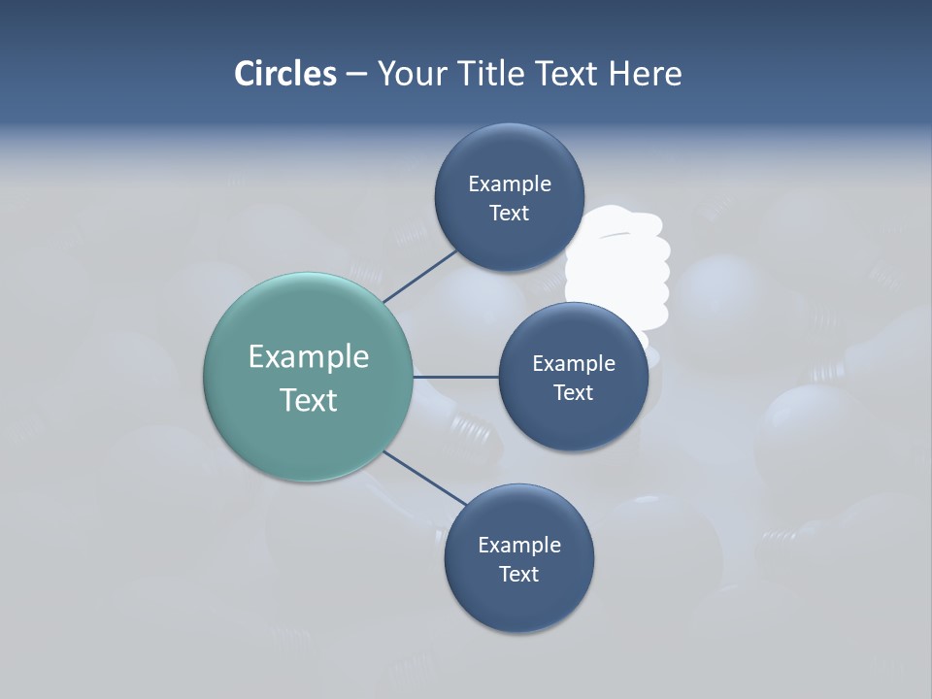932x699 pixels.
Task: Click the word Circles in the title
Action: [285, 74]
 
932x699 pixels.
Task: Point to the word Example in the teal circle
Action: [309, 357]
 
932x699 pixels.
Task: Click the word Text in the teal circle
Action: [309, 400]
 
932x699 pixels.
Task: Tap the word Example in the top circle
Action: [510, 184]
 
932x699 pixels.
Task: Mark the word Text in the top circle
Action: [510, 214]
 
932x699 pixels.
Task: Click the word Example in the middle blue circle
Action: [574, 364]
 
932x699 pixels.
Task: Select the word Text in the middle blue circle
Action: [574, 393]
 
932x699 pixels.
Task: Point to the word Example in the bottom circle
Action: [519, 546]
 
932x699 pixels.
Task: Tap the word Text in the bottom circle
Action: [518, 575]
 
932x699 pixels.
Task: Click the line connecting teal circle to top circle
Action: [420, 275]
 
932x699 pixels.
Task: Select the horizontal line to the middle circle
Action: [456, 377]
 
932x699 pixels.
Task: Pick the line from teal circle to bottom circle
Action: [425, 479]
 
